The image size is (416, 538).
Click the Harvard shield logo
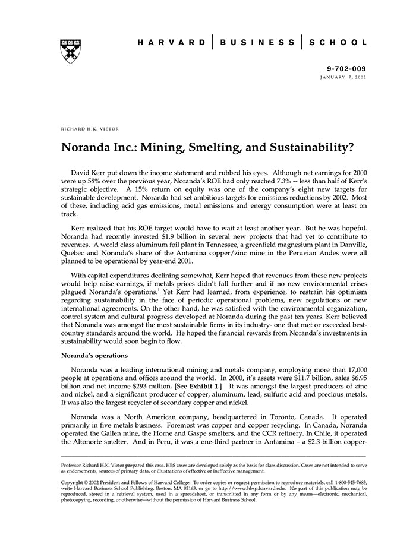70,51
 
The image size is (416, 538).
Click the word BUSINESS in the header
257,43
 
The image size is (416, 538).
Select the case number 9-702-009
347,69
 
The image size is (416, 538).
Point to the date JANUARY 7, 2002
343,78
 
